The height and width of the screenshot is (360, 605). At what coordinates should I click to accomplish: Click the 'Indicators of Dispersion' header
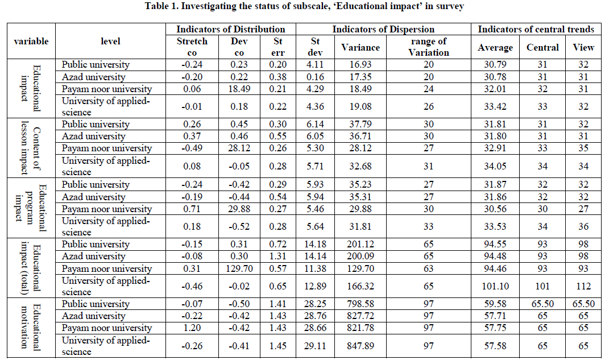point(383,29)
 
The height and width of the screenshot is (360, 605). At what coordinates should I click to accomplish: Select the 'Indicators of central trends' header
point(536,29)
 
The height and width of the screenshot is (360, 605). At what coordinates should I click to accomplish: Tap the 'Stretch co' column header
point(192,47)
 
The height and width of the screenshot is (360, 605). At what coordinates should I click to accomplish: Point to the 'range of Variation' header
point(428,47)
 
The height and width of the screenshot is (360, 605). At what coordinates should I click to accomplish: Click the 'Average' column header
point(495,48)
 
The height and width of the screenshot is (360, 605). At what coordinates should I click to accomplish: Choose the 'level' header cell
point(110,42)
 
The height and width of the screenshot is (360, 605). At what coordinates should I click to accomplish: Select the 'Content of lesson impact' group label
point(31,148)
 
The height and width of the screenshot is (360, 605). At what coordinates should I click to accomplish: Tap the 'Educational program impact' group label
point(31,208)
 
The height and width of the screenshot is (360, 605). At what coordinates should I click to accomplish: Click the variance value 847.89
point(360,346)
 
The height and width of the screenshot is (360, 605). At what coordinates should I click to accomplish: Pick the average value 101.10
point(495,286)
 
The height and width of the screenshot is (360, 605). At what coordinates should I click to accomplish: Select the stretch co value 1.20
point(192,328)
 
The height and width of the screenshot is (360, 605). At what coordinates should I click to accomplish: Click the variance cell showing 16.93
point(360,65)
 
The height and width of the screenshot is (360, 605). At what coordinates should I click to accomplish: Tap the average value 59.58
point(495,304)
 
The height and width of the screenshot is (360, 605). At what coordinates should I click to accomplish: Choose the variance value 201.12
point(360,245)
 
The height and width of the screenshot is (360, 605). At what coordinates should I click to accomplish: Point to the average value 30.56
point(495,209)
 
